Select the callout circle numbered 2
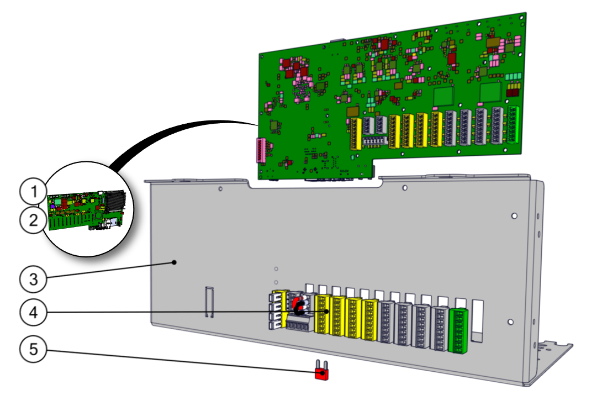pyautogui.click(x=34, y=220)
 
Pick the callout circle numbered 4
pyautogui.click(x=34, y=312)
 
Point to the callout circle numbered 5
pyautogui.click(x=34, y=350)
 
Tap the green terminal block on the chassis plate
pyautogui.click(x=458, y=330)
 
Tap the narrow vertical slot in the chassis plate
pyautogui.click(x=209, y=302)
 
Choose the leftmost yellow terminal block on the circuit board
pyautogui.click(x=354, y=134)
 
